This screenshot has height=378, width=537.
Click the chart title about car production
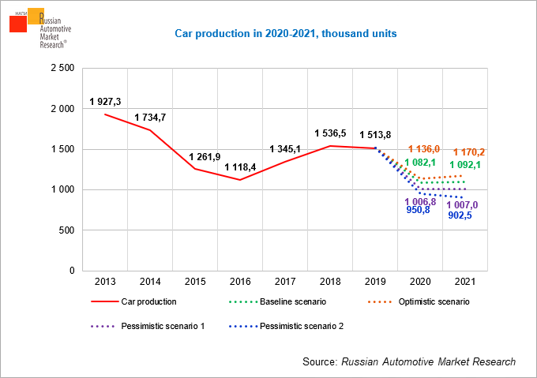pyautogui.click(x=285, y=34)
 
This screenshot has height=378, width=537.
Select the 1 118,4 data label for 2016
pyautogui.click(x=241, y=167)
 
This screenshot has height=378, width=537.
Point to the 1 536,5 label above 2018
pyautogui.click(x=331, y=133)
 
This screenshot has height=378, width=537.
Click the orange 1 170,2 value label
pyautogui.click(x=469, y=152)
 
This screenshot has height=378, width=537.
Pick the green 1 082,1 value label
pyautogui.click(x=421, y=163)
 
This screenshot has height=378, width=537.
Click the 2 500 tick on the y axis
pyautogui.click(x=62, y=69)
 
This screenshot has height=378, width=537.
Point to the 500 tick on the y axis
pyautogui.click(x=66, y=230)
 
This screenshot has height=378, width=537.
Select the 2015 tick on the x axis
pyautogui.click(x=195, y=282)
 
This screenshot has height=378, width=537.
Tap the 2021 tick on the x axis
pyautogui.click(x=465, y=282)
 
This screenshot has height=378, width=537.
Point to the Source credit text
pyautogui.click(x=408, y=361)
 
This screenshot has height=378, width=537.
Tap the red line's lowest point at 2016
pyautogui.click(x=240, y=180)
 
